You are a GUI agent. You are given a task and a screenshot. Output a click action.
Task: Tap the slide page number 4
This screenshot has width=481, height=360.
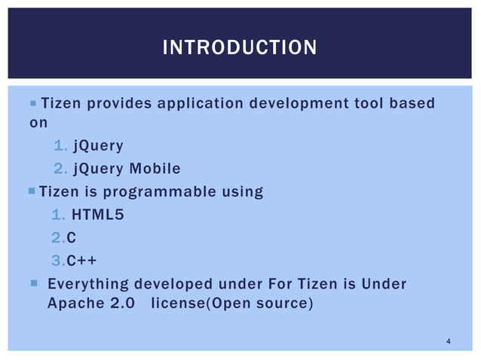pyautogui.click(x=449, y=343)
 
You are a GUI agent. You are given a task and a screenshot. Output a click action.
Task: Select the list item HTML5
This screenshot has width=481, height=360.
pyautogui.click(x=97, y=215)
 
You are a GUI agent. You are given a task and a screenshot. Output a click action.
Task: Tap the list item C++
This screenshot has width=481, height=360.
pyautogui.click(x=81, y=261)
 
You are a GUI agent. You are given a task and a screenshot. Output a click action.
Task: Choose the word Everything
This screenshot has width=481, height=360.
pyautogui.click(x=87, y=284)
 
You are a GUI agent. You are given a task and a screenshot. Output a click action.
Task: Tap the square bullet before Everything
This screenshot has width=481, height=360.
pyautogui.click(x=33, y=284)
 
